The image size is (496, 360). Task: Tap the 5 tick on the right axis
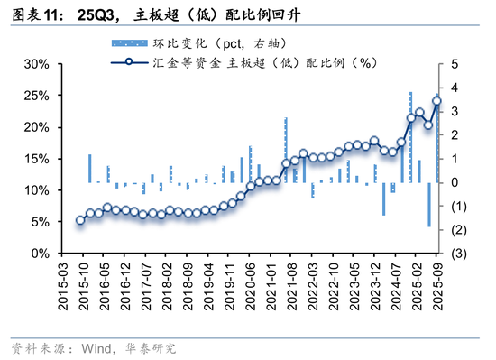pos(455,64)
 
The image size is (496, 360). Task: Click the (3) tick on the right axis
pos(459,254)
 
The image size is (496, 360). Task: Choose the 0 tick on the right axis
pos(455,182)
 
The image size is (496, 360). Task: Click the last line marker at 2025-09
pos(436,101)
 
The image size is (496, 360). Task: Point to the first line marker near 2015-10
pos(80,219)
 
